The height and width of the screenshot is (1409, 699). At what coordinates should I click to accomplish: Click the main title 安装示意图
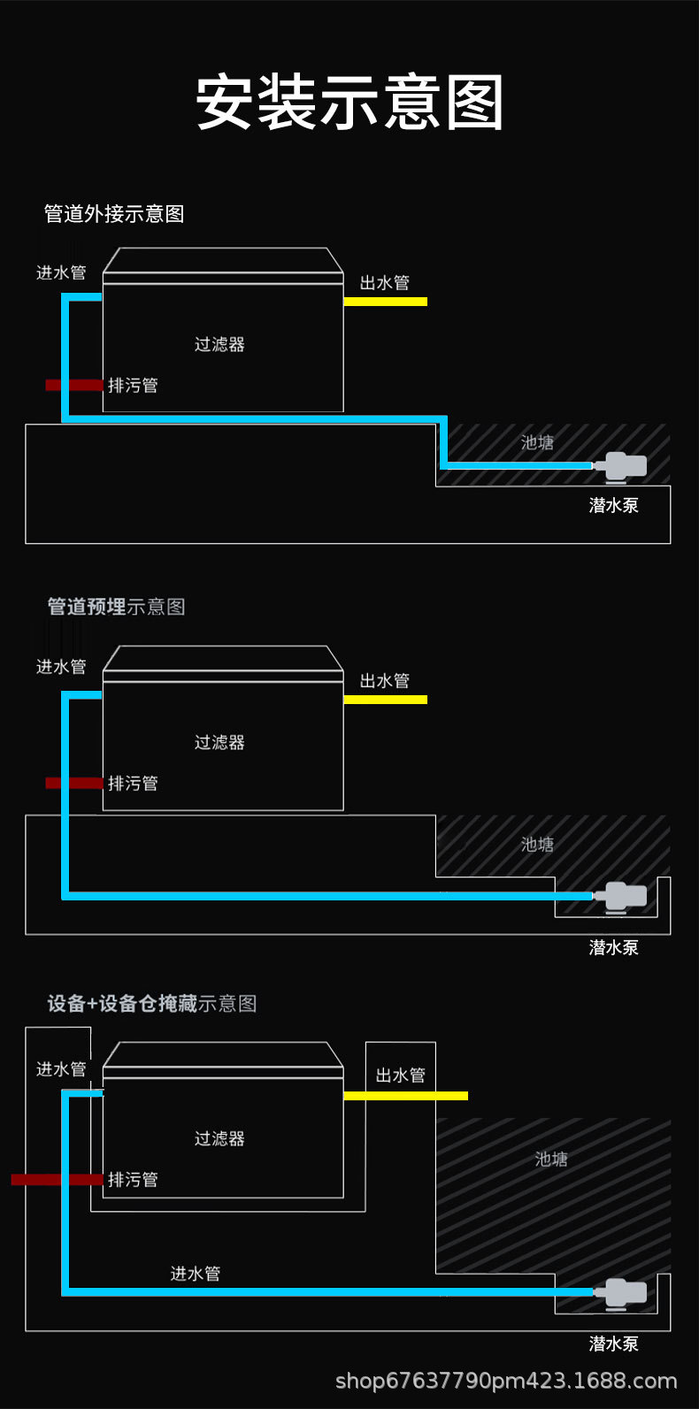tap(349, 103)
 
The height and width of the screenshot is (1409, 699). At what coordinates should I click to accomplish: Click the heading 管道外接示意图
tap(114, 213)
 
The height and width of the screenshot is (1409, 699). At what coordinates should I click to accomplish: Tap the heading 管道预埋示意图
tap(116, 607)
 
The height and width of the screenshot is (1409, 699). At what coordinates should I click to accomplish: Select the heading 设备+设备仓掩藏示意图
tap(152, 1003)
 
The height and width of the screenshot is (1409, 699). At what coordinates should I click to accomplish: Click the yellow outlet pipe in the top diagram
tap(385, 302)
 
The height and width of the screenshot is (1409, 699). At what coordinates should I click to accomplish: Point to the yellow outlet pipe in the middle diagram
tap(385, 700)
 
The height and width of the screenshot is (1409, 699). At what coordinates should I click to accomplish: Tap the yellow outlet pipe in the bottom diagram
tap(405, 1096)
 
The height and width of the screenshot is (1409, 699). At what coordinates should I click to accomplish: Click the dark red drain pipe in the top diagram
tap(74, 385)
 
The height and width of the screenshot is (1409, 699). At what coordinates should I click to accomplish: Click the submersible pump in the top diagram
tap(623, 465)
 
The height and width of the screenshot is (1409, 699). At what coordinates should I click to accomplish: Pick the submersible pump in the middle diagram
tap(623, 895)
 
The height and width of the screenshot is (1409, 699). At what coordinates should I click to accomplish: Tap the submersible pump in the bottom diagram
tap(623, 1291)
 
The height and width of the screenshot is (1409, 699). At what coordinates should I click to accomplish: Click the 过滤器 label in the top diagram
tap(219, 344)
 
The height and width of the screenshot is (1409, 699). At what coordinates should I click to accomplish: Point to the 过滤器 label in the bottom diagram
tap(219, 1138)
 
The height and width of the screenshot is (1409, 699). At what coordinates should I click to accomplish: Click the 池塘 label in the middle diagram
tap(537, 845)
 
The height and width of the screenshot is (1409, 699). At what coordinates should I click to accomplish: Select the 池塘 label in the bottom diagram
tap(551, 1159)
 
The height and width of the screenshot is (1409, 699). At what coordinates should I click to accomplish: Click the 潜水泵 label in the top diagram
tap(613, 505)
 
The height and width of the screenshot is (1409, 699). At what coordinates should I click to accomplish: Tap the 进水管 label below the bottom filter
tap(196, 1274)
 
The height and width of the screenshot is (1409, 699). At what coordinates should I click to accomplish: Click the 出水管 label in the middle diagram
tap(385, 680)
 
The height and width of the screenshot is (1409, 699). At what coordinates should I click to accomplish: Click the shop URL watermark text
tap(506, 1381)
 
